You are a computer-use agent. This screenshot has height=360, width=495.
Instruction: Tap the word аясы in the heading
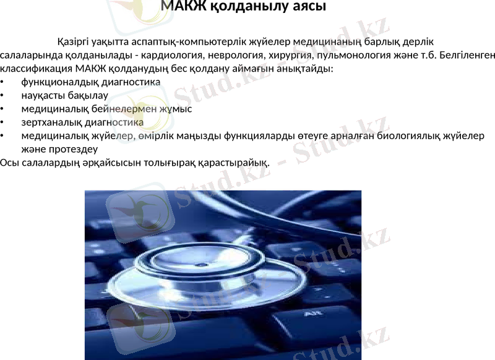304,7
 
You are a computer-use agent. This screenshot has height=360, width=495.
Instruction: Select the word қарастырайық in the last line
239,163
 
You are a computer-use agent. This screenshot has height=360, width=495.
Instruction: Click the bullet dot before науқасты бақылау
2,96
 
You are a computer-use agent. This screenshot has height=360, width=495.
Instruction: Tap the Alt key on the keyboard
313,315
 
